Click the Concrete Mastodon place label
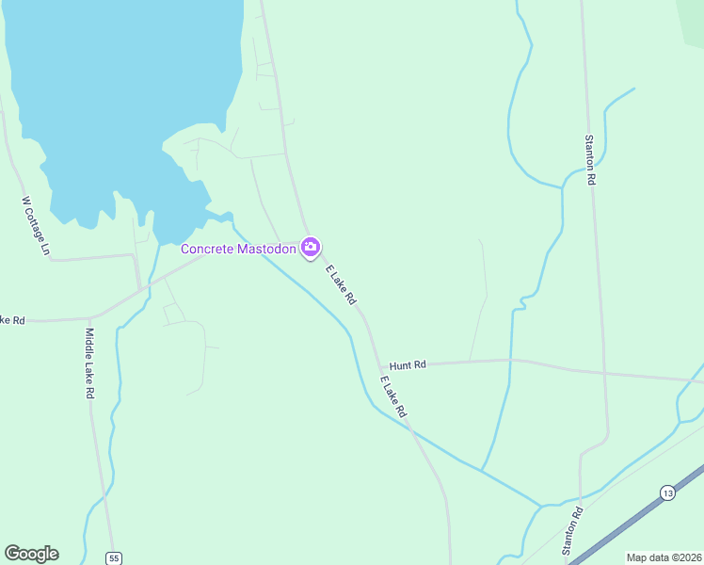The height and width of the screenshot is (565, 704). [x=239, y=249]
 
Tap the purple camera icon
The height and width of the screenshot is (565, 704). [x=311, y=248]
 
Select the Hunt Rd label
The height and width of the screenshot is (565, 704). [x=408, y=364]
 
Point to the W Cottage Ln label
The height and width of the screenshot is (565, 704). [x=35, y=226]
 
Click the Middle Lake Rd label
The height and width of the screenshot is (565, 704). [x=89, y=363]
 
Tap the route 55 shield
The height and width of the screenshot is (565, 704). [x=114, y=557]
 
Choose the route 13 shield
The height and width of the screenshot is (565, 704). [x=667, y=492]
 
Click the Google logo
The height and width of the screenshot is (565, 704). [x=31, y=554]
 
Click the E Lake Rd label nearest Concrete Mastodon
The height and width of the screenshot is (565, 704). [x=342, y=284]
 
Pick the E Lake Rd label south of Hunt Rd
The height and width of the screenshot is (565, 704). [x=393, y=396]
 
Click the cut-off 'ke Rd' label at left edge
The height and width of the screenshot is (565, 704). [x=12, y=320]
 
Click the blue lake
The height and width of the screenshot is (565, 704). [x=113, y=104]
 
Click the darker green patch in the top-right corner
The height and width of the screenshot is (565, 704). [x=694, y=19]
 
